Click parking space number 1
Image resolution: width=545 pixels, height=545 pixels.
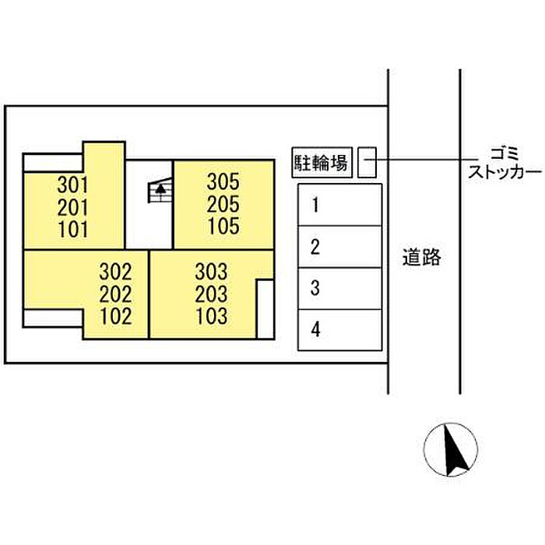(x=340, y=205)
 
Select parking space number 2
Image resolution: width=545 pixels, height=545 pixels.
(x=340, y=247)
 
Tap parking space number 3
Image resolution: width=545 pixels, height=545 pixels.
(x=340, y=288)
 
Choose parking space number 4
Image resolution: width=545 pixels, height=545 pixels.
(x=340, y=329)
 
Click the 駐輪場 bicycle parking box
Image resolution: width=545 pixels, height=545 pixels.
(x=322, y=162)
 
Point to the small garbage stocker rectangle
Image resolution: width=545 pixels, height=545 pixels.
(x=367, y=162)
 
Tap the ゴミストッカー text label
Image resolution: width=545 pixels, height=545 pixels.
(x=505, y=163)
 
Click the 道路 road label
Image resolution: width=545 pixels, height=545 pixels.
(x=422, y=257)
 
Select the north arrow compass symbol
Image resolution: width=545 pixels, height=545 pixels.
(x=451, y=449)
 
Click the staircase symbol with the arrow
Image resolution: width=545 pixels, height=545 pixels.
(x=160, y=190)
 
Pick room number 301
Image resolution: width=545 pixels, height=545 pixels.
(x=72, y=185)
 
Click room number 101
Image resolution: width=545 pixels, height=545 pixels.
(x=72, y=230)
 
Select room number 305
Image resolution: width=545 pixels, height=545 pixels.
(x=223, y=181)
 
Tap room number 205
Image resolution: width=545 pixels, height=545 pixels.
(x=223, y=204)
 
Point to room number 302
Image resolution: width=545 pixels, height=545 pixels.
(x=115, y=272)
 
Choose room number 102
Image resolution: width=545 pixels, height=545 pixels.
(x=115, y=316)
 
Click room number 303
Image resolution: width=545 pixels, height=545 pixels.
(x=211, y=272)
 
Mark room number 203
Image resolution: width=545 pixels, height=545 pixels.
(x=211, y=294)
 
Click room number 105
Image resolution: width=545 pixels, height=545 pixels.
(x=223, y=226)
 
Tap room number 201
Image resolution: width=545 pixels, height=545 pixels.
(x=72, y=208)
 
